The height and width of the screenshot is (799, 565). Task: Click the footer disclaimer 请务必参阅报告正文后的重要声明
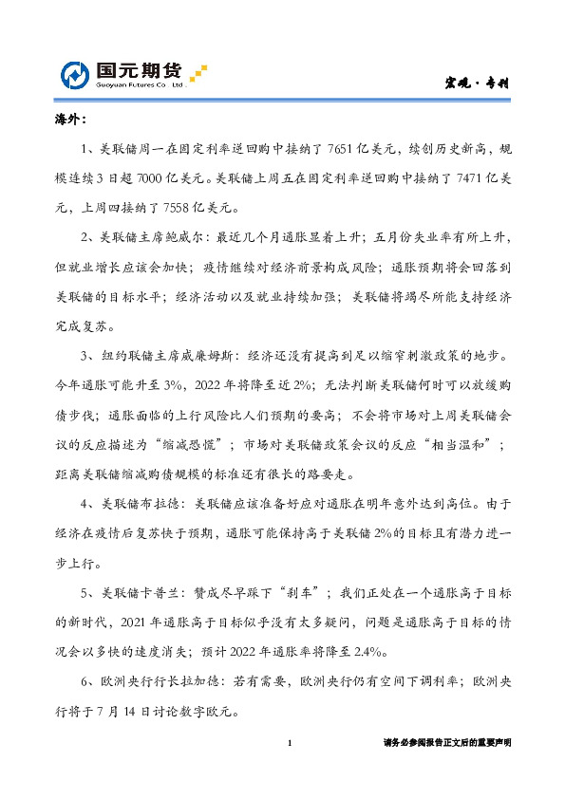pos(446,743)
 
